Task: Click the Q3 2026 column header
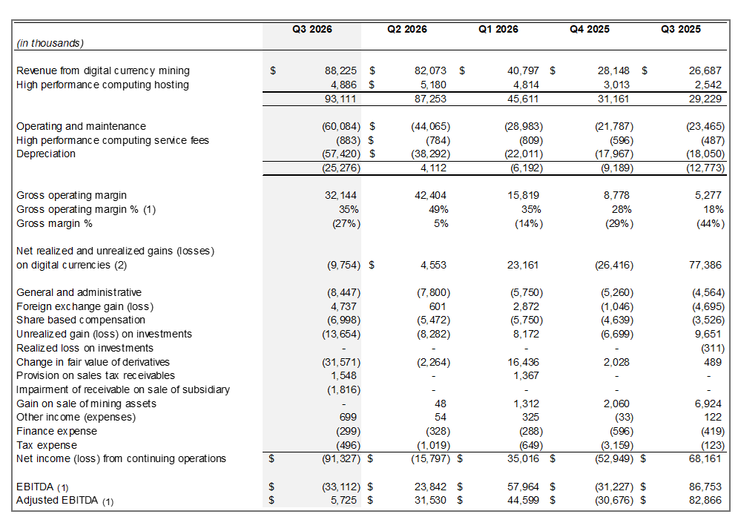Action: pos(312,30)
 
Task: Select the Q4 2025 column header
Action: pos(590,30)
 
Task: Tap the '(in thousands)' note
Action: pos(50,44)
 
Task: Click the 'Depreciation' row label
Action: pos(46,154)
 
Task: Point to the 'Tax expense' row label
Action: pos(47,445)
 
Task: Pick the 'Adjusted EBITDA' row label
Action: pos(59,501)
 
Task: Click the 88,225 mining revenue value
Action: pos(341,71)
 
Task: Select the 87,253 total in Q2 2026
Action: pos(431,99)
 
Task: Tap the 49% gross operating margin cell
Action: pos(439,210)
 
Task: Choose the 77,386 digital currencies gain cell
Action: pos(707,265)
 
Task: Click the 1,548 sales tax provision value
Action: pos(345,376)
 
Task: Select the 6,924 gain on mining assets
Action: pos(711,404)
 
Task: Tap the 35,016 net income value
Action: pos(522,459)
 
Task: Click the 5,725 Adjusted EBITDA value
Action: pos(345,501)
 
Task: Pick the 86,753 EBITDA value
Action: pos(707,487)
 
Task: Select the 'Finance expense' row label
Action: pos(56,431)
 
